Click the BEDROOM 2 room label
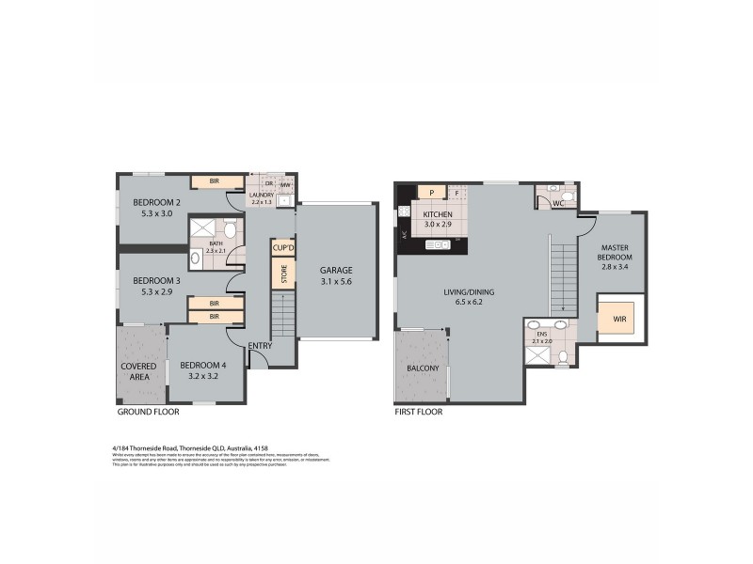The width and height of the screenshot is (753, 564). (156, 202)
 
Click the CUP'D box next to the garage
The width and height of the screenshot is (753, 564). (281, 247)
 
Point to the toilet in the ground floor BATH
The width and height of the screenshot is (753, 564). (229, 229)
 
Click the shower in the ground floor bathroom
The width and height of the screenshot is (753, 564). (202, 230)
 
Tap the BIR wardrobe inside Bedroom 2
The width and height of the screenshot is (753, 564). (215, 180)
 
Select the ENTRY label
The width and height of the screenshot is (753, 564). (260, 346)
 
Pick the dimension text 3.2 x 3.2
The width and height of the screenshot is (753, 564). (203, 377)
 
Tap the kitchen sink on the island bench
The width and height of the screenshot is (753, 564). (438, 245)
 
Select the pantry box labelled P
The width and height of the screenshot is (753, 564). (431, 193)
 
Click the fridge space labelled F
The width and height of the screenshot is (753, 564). (457, 193)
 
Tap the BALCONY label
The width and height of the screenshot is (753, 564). (424, 368)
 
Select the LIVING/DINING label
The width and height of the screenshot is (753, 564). (470, 291)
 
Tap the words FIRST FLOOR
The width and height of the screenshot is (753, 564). (419, 412)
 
